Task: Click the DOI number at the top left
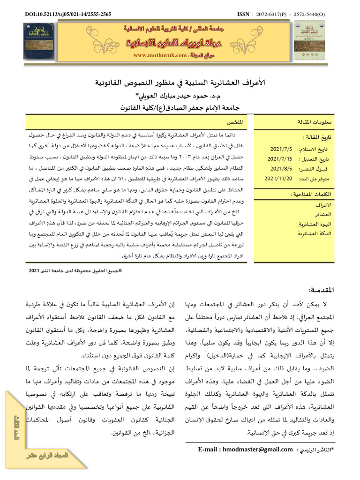(68, 15)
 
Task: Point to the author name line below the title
(180, 97)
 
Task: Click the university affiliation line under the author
(180, 107)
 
